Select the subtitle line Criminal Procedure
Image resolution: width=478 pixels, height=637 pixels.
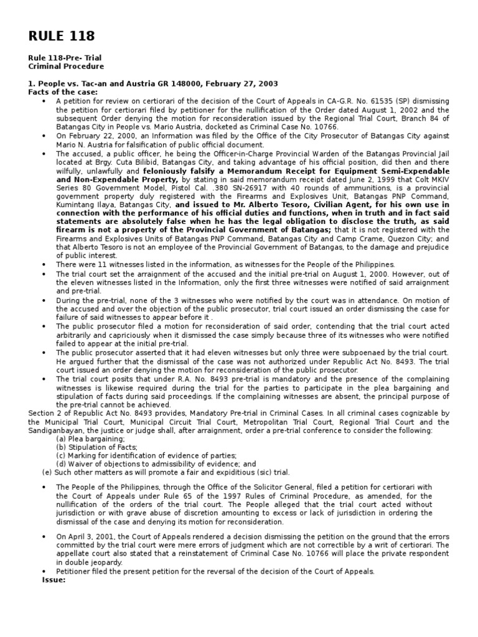click(66, 67)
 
